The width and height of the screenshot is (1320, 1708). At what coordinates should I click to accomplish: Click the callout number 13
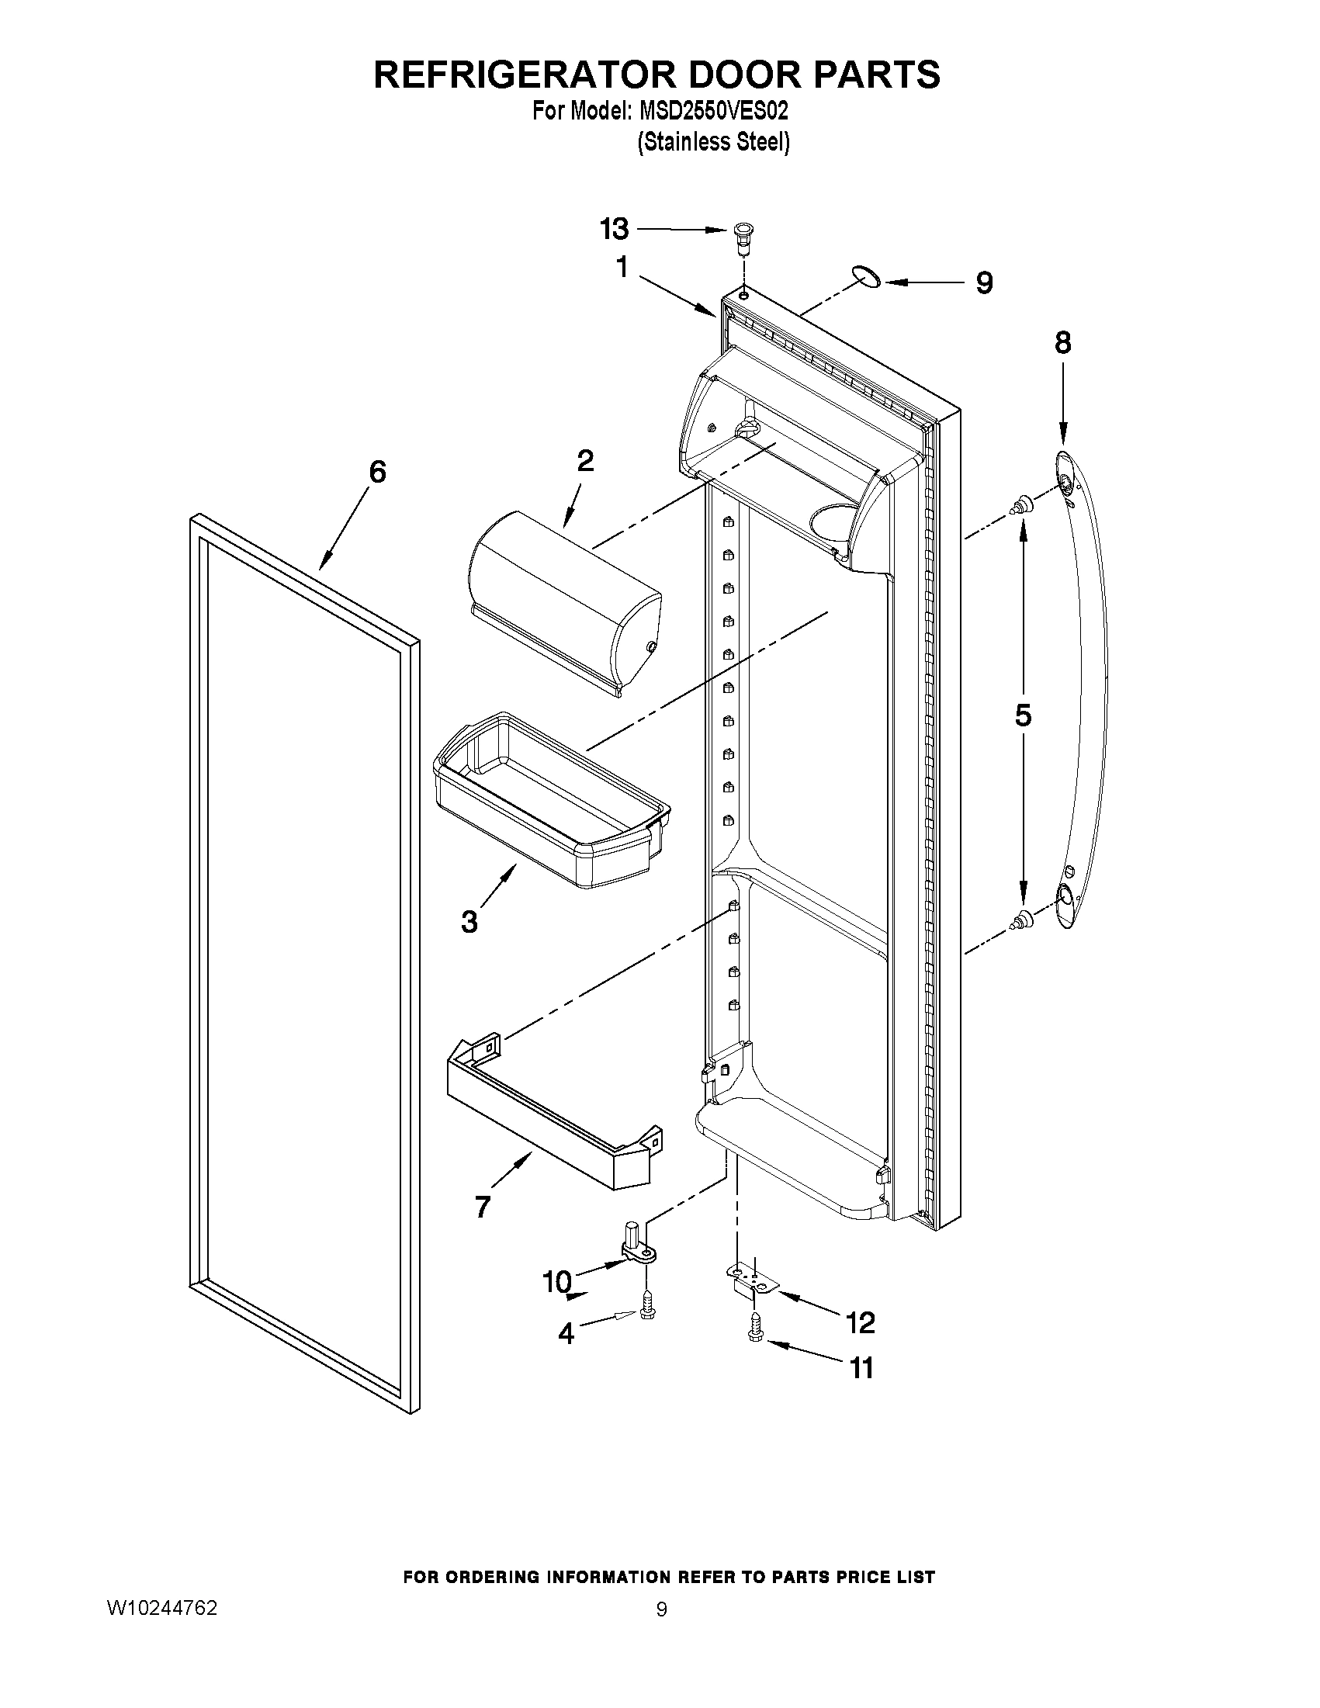[x=614, y=229]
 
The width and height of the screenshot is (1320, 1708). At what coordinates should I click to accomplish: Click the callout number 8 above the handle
[x=1062, y=342]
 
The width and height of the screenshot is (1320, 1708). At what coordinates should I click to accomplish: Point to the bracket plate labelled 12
[x=751, y=1282]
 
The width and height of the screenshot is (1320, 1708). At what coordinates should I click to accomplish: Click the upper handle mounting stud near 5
[x=1021, y=506]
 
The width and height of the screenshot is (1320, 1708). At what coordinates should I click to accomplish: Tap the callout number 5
[x=1023, y=715]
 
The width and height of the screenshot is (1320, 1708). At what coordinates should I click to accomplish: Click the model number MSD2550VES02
[x=713, y=111]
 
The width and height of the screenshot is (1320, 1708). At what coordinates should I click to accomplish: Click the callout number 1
[x=622, y=268]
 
